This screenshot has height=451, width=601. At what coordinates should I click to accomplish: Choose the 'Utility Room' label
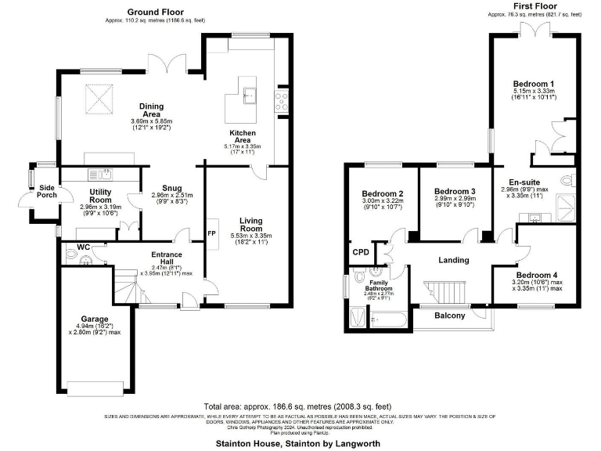[x=103, y=195]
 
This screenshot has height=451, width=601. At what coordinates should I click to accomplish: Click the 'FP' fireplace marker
[x=211, y=233]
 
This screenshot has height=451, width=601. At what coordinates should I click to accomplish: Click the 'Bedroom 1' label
[x=534, y=84]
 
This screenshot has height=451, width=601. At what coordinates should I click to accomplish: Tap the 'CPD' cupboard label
[x=361, y=252]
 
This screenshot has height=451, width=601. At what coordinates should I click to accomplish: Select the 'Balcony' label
[x=449, y=316]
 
